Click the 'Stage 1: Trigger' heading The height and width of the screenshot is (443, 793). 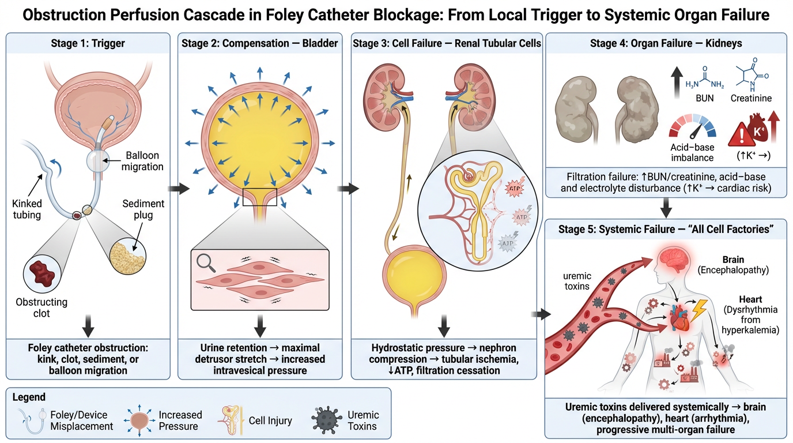click(88, 43)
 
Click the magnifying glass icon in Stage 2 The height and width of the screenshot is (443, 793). click(205, 264)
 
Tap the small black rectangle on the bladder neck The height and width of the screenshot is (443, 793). click(260, 196)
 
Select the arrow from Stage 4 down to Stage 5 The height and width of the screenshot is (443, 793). click(667, 205)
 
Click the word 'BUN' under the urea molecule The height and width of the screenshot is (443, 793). click(704, 98)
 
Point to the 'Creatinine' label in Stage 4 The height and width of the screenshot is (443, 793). click(750, 98)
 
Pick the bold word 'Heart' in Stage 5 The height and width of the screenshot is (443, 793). click(751, 299)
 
